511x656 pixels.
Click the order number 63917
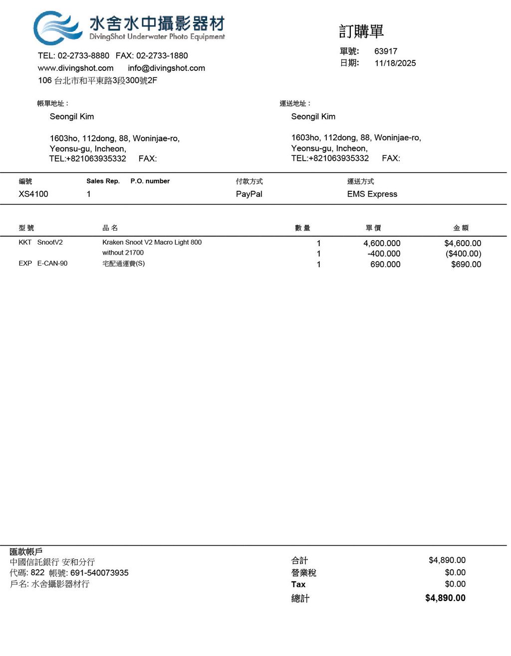(386, 51)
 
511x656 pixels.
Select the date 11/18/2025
(395, 63)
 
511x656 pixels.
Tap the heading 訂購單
(361, 31)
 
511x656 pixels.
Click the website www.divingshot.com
(76, 68)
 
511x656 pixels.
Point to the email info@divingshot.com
(166, 68)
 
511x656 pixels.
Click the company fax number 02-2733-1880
(162, 55)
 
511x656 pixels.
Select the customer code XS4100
(33, 194)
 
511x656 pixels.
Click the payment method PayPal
(249, 194)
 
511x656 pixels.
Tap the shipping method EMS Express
(372, 194)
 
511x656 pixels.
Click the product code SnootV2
(50, 242)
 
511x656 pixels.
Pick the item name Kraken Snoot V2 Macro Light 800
(152, 242)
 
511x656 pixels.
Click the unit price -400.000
(384, 254)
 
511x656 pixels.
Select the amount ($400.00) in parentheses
(463, 254)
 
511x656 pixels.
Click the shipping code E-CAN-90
(52, 263)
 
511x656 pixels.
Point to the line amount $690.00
(466, 264)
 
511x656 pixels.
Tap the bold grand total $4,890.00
(445, 598)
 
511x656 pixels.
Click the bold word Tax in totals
(298, 584)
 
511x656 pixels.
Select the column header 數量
(302, 228)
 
